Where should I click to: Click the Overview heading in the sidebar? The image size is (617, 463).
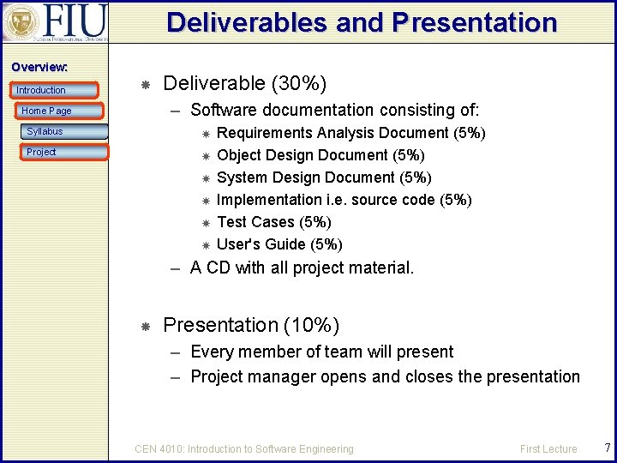pyautogui.click(x=39, y=67)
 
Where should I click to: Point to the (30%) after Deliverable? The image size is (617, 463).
pyautogui.click(x=299, y=83)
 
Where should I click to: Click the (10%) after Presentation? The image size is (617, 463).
pyautogui.click(x=312, y=326)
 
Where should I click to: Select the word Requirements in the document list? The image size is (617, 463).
pyautogui.click(x=265, y=133)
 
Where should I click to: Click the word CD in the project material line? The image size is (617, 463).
pyautogui.click(x=219, y=268)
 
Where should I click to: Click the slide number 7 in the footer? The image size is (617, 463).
pyautogui.click(x=607, y=448)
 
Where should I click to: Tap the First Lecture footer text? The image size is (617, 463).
pyautogui.click(x=548, y=448)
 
